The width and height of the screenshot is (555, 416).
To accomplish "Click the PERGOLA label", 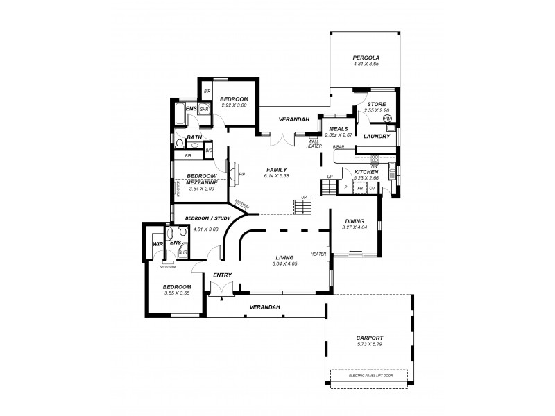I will click(366, 58).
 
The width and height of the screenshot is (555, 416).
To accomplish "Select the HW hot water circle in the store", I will click(387, 119).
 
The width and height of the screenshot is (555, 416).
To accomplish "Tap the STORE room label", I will click(377, 104).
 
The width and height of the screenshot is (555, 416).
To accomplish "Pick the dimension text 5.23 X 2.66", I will click(366, 177).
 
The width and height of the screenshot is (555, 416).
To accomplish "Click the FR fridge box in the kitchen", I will click(361, 188).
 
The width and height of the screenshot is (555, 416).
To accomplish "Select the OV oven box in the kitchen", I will click(372, 188).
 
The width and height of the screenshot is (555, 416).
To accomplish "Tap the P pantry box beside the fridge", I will click(345, 188).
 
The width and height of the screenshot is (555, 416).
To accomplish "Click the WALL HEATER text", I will click(314, 144).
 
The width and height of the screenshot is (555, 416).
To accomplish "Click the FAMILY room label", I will click(276, 170).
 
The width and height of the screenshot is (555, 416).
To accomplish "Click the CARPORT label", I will click(369, 338).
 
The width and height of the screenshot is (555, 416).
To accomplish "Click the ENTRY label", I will click(222, 275).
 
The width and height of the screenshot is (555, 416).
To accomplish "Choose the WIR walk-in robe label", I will click(157, 244).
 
